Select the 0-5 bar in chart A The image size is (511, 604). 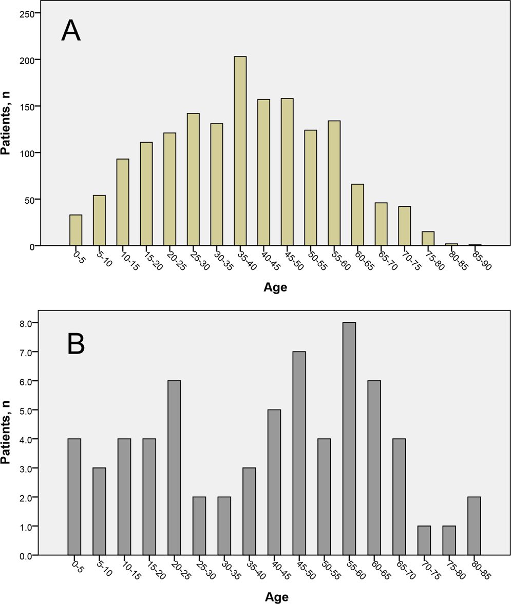[x=75, y=230]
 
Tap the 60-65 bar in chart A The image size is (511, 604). [x=357, y=215]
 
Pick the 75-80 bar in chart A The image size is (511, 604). [x=428, y=239]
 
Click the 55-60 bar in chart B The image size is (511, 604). [x=349, y=439]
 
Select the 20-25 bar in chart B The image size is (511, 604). [x=174, y=467]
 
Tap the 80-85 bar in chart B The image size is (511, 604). [x=474, y=526]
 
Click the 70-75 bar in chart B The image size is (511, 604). [x=424, y=540]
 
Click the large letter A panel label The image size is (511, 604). [x=71, y=31]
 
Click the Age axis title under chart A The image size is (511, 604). [x=275, y=287]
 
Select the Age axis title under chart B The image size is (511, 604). [x=276, y=596]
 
